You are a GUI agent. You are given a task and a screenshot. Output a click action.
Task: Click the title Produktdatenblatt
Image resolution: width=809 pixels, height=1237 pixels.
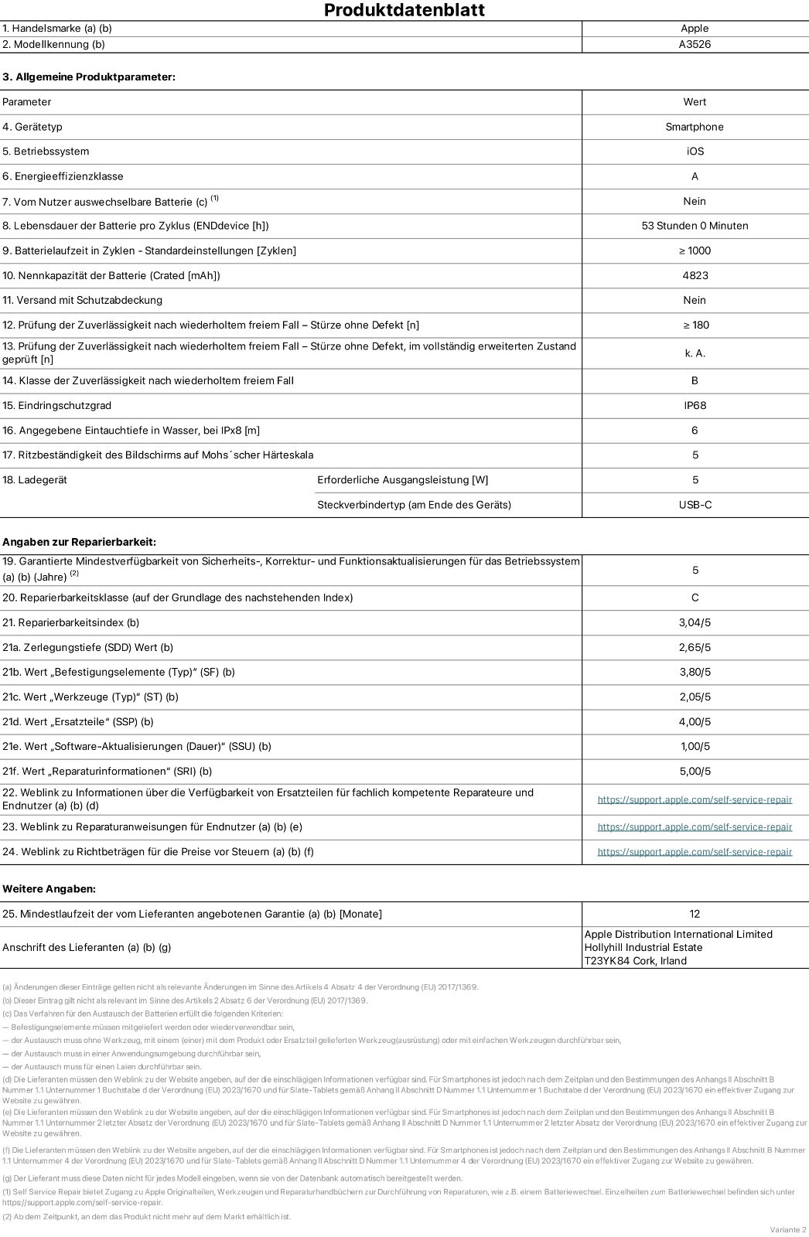point(404,10)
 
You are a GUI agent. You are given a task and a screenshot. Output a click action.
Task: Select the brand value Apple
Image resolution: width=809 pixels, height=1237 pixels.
point(695,29)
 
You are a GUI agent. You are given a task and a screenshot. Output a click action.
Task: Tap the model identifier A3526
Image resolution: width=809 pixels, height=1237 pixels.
point(695,44)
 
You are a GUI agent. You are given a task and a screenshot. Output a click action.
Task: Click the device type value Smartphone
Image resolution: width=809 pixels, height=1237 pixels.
point(695,127)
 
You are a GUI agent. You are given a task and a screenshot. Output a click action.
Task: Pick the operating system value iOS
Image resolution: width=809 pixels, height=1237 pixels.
point(695,152)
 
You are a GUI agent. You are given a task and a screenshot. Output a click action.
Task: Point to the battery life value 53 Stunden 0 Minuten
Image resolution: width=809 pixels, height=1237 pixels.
point(695,226)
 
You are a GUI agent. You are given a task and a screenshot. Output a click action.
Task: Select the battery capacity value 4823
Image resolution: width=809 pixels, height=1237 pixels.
point(695,275)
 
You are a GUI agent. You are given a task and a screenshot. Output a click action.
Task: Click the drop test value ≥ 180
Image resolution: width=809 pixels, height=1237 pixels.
point(695,325)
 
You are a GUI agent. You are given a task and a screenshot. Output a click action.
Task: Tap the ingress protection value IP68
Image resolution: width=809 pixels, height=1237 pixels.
point(695,405)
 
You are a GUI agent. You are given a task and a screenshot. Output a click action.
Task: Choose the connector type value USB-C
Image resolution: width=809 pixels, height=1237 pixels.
point(695,505)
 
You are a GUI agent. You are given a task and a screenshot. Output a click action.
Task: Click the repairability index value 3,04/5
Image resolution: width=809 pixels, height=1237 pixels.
point(695,622)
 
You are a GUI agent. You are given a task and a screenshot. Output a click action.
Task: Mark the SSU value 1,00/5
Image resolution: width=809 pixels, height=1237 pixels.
point(695,746)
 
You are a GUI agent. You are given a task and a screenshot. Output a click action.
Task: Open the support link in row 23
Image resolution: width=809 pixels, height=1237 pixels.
point(695,826)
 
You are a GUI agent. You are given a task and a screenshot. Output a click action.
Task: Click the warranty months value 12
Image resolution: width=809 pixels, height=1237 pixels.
point(695,914)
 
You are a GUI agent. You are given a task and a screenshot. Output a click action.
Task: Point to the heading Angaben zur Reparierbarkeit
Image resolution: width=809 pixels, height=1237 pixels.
point(79,542)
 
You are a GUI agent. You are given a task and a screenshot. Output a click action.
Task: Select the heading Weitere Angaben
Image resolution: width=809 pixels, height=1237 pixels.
point(49,889)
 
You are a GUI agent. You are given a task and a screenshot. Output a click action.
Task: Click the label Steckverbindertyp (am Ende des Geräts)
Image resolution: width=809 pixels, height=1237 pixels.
point(414,505)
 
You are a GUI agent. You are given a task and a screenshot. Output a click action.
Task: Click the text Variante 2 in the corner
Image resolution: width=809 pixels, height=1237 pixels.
point(787,1229)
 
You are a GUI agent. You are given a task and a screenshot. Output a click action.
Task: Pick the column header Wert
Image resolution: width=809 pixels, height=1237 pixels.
point(695,102)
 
